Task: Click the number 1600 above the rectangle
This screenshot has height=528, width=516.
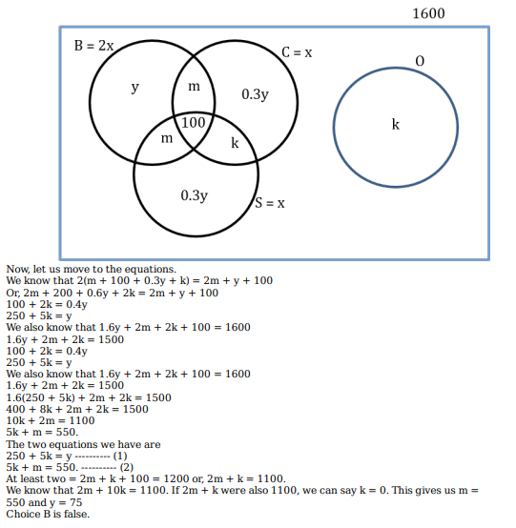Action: (428, 13)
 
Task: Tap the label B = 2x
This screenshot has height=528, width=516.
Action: (93, 46)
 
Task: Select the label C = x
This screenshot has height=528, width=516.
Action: (297, 52)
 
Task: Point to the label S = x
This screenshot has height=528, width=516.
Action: (270, 203)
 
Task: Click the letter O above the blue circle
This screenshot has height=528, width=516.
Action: (420, 61)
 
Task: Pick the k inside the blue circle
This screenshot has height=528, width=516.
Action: (395, 124)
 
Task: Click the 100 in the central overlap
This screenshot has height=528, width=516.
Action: (193, 123)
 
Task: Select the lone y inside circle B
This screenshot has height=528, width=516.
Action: (134, 88)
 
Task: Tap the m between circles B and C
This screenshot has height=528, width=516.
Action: (194, 87)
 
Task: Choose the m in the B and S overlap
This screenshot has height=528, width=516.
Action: (167, 138)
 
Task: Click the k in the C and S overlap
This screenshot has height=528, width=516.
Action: (235, 143)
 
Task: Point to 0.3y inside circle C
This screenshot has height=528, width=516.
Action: (255, 94)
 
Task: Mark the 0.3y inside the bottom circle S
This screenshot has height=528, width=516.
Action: (195, 195)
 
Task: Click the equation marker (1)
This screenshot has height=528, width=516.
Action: (120, 456)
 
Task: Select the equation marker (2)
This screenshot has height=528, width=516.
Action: (127, 467)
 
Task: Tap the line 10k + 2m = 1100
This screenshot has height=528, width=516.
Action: (51, 420)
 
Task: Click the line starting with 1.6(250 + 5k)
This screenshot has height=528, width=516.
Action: (89, 397)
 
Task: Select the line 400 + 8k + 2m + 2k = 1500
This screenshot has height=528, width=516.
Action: (77, 409)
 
